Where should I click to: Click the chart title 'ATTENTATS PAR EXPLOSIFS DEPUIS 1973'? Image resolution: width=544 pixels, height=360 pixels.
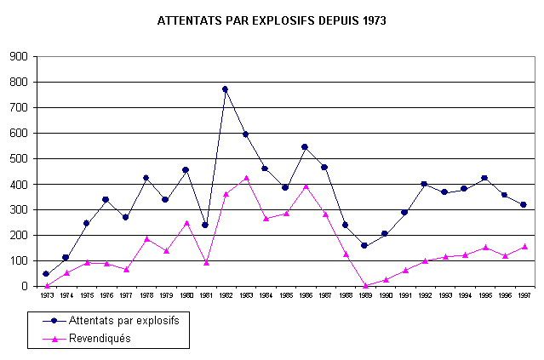[x=272, y=20]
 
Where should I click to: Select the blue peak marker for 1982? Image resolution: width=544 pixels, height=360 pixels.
[x=226, y=89]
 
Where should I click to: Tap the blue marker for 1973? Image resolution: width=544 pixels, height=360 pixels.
[x=46, y=274]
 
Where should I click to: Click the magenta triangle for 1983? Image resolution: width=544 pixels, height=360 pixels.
[x=246, y=178]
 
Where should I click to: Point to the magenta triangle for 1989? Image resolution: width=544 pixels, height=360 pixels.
[x=365, y=285]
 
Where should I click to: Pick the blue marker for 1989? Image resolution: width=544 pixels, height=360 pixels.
[x=365, y=245]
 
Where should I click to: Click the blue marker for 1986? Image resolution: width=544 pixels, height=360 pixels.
[x=305, y=146]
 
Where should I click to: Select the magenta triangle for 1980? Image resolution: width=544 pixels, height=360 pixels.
[x=186, y=222]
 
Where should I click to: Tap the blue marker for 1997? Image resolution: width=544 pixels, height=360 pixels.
[x=524, y=204]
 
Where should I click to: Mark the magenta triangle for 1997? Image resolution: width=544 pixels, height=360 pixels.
[x=524, y=247]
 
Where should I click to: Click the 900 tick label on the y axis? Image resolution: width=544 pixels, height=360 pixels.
[x=18, y=57]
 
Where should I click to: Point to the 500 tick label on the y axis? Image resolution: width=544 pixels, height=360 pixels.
[x=18, y=159]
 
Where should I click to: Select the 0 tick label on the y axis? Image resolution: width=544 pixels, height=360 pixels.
[x=25, y=287]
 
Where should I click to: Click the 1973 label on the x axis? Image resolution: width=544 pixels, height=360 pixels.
[x=46, y=296]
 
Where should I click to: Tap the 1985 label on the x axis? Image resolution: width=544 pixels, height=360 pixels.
[x=285, y=296]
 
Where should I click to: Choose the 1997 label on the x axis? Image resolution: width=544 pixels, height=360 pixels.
[x=524, y=296]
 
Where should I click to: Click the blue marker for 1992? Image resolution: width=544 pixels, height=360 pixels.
[x=425, y=184]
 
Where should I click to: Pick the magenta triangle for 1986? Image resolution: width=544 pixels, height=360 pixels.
[x=305, y=186]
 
